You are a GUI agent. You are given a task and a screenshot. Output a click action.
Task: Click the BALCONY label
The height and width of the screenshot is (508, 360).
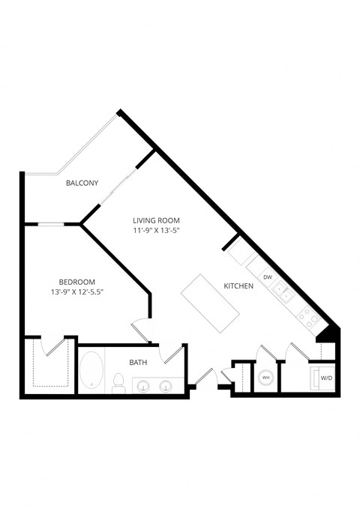(x=82, y=183)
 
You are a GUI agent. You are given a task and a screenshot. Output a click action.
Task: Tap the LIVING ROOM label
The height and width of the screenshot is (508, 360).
(x=157, y=220)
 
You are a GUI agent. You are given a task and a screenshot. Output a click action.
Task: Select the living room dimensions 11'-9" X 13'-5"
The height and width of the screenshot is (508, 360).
(x=157, y=231)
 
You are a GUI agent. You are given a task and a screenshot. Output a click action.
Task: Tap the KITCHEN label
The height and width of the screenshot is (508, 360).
(x=238, y=286)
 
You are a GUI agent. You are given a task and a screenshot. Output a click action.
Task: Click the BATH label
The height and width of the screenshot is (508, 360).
(x=138, y=363)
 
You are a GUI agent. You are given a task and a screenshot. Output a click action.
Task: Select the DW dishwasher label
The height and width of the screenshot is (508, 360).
(x=267, y=276)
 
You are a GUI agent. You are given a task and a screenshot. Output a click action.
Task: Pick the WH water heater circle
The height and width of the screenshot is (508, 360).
(x=265, y=378)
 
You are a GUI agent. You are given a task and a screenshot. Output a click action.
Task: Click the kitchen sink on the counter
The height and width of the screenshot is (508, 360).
(x=282, y=291)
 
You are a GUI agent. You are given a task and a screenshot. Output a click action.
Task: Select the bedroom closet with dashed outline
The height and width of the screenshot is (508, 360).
(x=49, y=366)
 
